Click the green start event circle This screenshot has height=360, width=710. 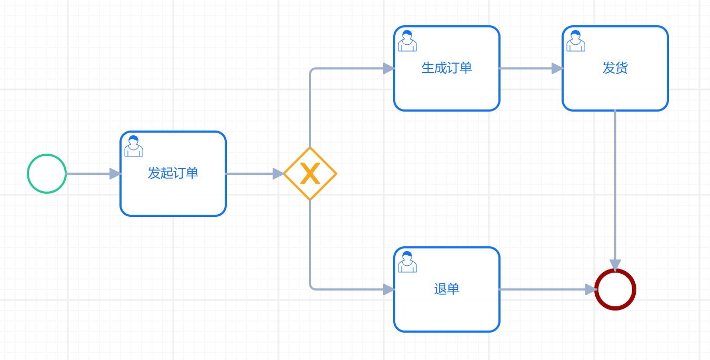(x=47, y=174)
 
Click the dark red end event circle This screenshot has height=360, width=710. (x=615, y=289)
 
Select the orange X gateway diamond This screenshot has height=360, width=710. (x=310, y=174)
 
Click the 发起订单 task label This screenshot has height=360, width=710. (x=173, y=173)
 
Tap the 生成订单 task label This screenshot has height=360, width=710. (x=447, y=68)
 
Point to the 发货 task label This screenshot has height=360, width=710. (x=615, y=68)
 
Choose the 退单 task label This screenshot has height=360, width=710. (x=447, y=289)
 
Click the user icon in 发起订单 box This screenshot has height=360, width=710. (x=134, y=146)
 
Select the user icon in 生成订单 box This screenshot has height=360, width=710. (x=407, y=41)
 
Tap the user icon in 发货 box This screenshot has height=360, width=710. (x=576, y=41)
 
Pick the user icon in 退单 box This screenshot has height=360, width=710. (x=407, y=262)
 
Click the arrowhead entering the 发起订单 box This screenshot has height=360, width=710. (x=115, y=174)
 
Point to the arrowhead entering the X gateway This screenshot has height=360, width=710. (x=278, y=174)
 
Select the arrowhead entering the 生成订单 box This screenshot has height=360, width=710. (x=389, y=68)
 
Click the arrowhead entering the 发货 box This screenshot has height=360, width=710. (x=557, y=68)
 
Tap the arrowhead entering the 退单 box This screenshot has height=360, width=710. (x=389, y=289)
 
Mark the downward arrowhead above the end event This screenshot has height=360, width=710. (x=615, y=265)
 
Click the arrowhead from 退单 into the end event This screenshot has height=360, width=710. (x=591, y=289)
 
